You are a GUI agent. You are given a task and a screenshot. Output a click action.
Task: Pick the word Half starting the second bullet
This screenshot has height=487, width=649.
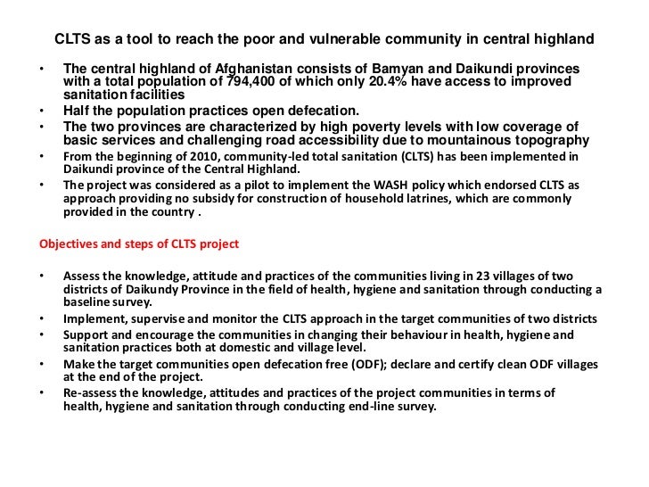(x=78, y=111)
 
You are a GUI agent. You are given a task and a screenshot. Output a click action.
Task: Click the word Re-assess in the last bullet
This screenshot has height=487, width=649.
(x=89, y=392)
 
